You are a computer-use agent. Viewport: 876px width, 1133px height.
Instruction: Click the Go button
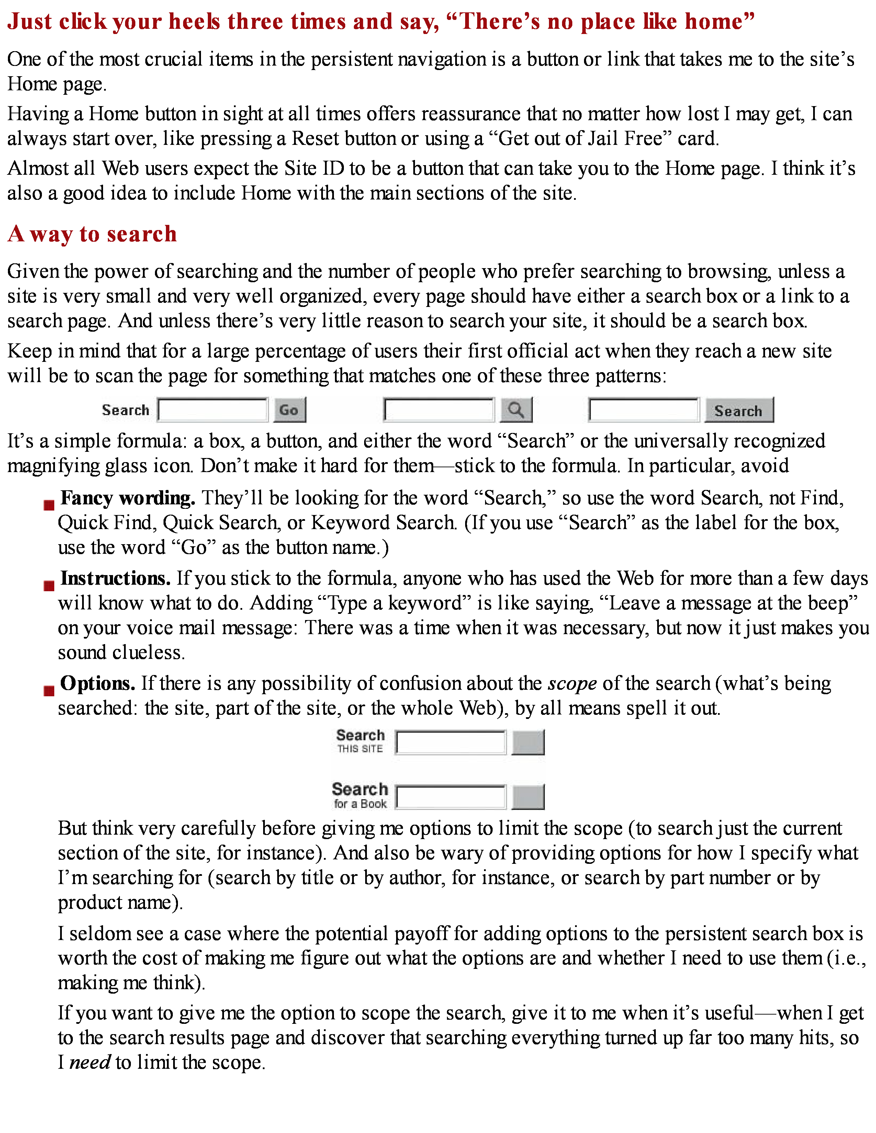(x=290, y=410)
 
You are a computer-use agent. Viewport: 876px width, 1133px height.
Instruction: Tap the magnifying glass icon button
(x=516, y=410)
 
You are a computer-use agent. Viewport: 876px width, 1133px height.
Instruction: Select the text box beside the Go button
(x=213, y=410)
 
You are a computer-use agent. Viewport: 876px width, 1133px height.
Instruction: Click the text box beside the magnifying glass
(x=439, y=410)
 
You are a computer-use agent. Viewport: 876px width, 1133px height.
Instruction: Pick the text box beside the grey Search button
(x=643, y=410)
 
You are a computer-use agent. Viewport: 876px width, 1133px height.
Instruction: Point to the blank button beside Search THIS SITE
(x=528, y=742)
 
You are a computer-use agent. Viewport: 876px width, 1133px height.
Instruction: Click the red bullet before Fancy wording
(x=49, y=505)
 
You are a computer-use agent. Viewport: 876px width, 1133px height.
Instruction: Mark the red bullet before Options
(x=49, y=690)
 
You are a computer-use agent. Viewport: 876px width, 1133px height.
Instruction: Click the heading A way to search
(x=92, y=234)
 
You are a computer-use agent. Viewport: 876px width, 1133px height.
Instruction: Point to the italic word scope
(x=572, y=684)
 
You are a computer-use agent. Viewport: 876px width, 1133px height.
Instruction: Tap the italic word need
(x=90, y=1063)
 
